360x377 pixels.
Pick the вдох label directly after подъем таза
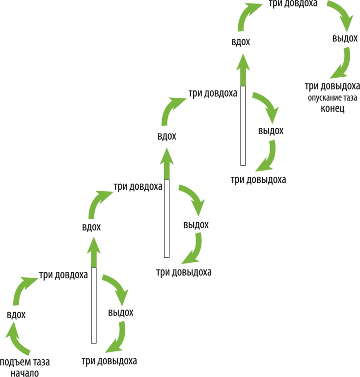(16, 315)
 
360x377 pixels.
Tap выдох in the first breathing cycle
(120, 313)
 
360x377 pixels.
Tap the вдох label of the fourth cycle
(241, 42)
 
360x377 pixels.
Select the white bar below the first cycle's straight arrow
(93, 305)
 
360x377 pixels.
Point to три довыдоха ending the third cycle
(258, 179)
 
